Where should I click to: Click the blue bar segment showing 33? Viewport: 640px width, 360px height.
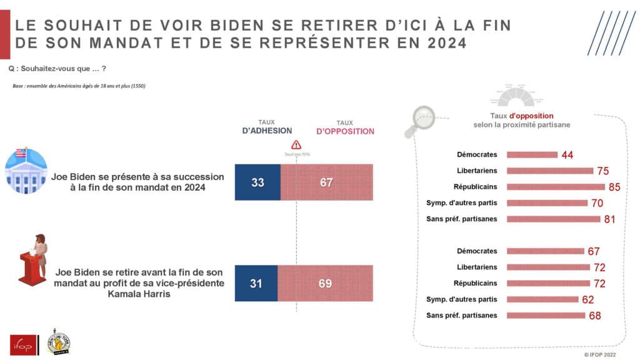[x=257, y=182]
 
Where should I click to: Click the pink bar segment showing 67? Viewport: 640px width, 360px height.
[x=327, y=182]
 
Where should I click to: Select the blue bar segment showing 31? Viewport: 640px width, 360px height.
[x=256, y=283]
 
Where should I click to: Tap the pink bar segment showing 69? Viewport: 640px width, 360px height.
[x=326, y=283]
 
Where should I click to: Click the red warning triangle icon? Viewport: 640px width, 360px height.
[x=296, y=145]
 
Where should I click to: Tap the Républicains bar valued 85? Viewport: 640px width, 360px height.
[x=555, y=186]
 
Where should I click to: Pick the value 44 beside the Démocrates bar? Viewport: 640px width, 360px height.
[x=567, y=154]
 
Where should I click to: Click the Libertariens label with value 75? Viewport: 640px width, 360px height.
[x=478, y=170]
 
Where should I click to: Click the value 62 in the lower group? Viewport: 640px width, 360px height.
[x=587, y=299]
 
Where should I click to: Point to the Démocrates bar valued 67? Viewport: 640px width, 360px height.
[x=545, y=251]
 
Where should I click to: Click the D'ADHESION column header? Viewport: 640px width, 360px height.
[x=267, y=131]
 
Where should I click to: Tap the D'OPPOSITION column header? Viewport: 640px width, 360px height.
[x=345, y=131]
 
